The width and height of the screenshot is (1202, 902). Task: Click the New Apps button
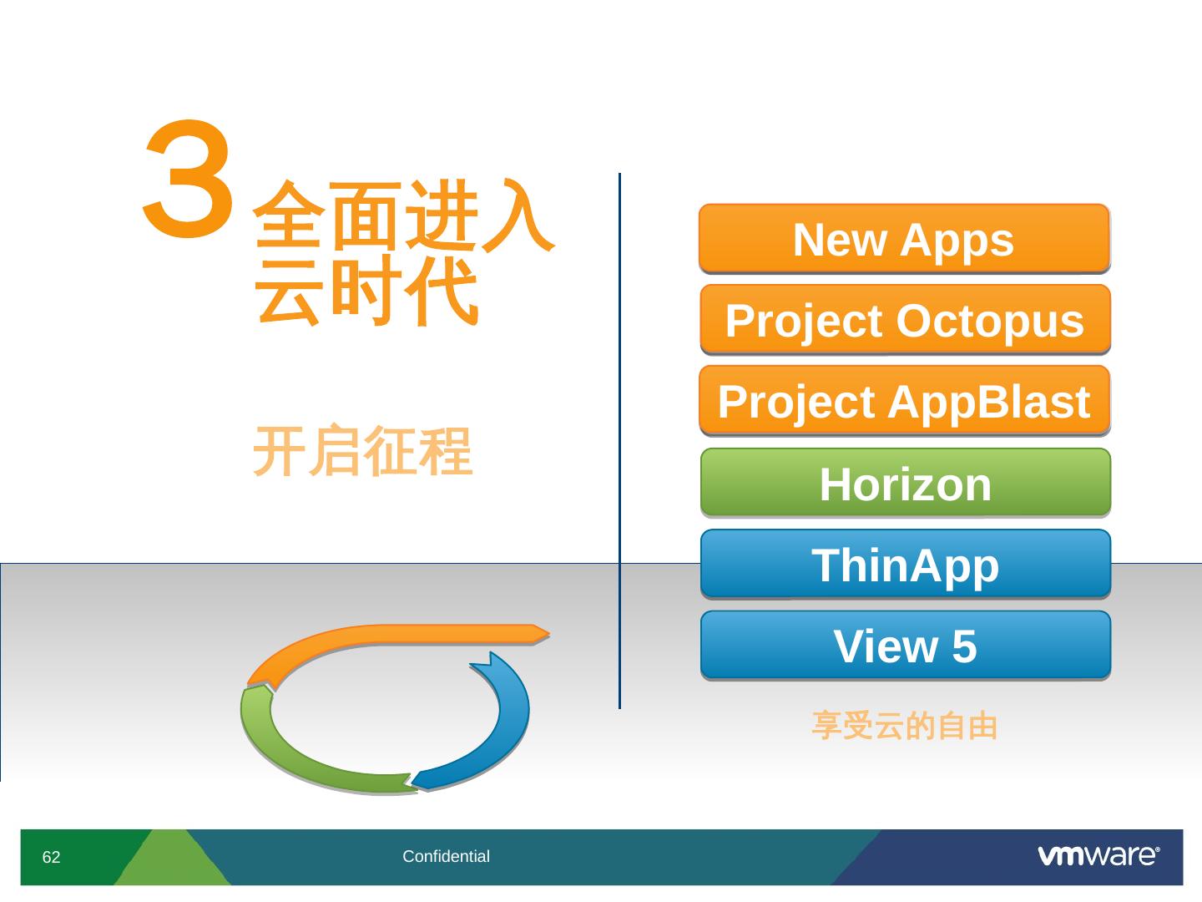904,238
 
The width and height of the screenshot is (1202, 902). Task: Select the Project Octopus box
905,319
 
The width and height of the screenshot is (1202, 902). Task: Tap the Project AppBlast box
905,400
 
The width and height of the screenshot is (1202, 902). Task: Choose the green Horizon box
906,482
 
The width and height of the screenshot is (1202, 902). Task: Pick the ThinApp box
906,564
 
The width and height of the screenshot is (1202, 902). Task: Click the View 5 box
906,645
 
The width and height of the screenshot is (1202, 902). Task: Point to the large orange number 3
189,179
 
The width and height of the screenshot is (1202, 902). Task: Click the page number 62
51,857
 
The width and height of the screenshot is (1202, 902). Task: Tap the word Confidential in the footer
446,856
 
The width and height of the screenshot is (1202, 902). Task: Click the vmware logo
1098,855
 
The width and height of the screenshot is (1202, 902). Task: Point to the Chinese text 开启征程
362,451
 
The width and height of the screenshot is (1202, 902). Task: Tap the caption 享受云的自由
905,726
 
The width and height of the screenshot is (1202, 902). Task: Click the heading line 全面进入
403,215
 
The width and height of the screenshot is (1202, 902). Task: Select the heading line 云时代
366,291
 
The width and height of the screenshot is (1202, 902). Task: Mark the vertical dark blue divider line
619,441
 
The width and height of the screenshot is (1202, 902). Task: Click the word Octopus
990,322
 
